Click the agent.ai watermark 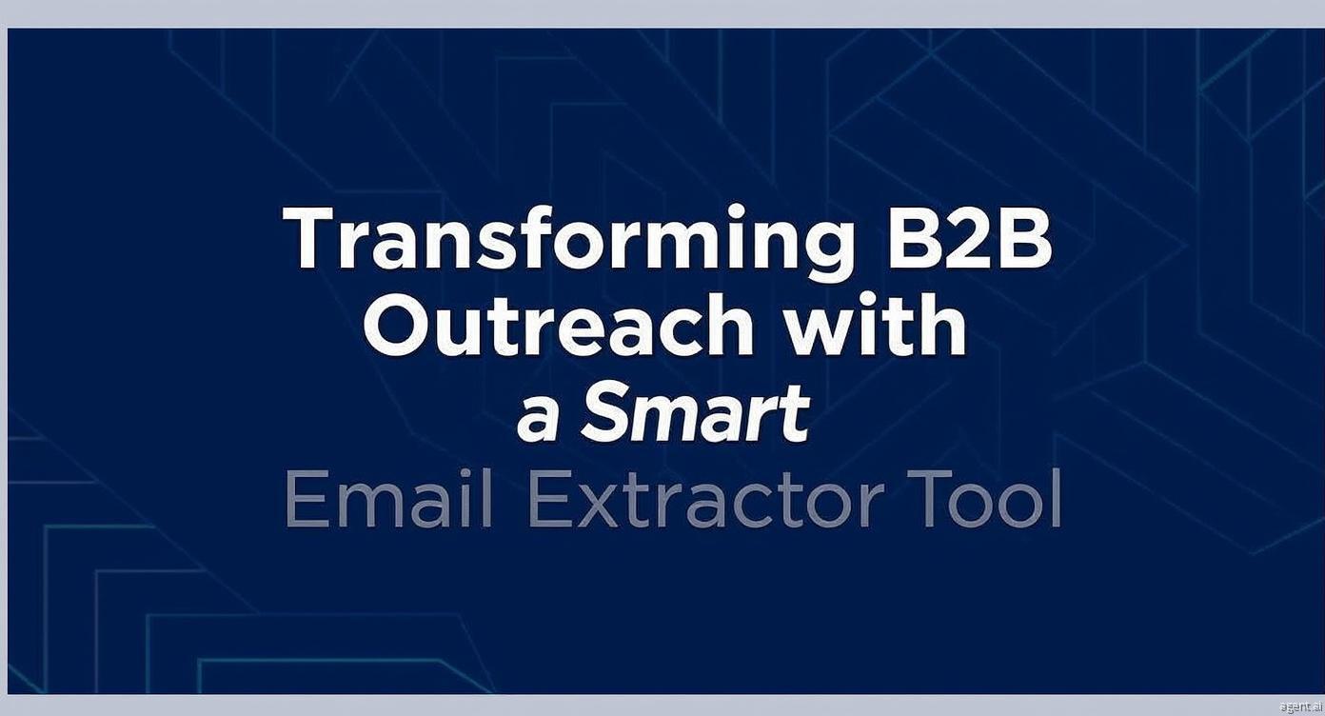(x=1300, y=706)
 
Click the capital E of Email (x=307, y=499)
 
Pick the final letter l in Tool (x=1057, y=498)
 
